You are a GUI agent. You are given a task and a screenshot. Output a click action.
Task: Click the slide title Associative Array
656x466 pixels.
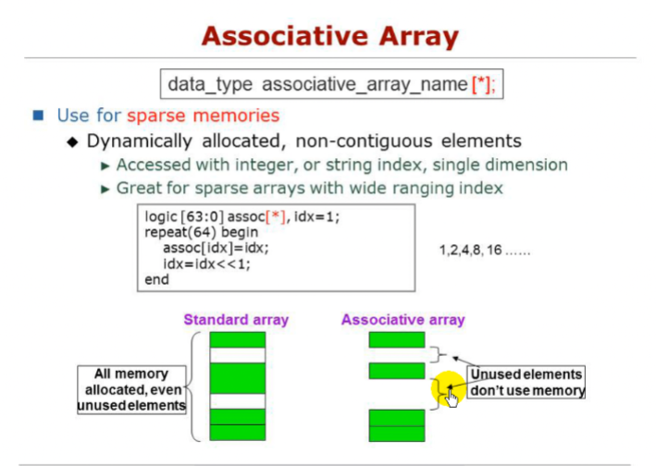click(330, 36)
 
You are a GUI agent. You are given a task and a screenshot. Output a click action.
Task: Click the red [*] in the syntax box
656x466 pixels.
click(481, 84)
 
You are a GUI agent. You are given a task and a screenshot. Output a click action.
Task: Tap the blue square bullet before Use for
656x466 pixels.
click(38, 116)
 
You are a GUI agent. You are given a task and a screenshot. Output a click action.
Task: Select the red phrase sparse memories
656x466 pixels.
click(203, 116)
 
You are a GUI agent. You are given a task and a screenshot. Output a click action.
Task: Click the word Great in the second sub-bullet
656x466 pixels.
click(138, 188)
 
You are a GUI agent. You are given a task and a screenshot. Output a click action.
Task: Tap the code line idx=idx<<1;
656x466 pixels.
click(206, 264)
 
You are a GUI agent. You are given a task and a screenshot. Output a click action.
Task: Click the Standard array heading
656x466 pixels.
click(236, 320)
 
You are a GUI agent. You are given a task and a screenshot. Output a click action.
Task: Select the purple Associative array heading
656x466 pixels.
click(402, 320)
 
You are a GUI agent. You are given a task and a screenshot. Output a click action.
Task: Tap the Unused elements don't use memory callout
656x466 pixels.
click(526, 382)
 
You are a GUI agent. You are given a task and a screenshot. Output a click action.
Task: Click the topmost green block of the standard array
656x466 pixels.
click(237, 339)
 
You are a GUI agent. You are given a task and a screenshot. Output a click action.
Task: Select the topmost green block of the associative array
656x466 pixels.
click(396, 339)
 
